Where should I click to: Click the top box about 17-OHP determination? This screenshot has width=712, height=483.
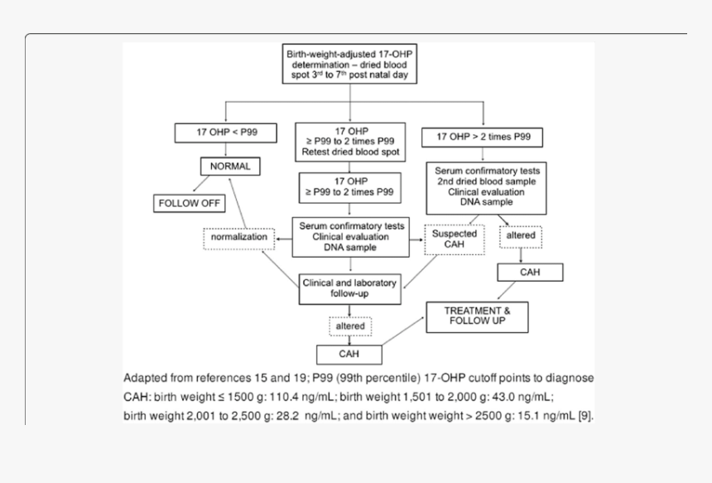pyautogui.click(x=351, y=63)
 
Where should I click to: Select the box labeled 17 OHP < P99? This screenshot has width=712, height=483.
pyautogui.click(x=225, y=133)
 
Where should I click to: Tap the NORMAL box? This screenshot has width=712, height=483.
pyautogui.click(x=230, y=166)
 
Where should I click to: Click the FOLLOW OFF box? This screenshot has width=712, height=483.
pyautogui.click(x=192, y=203)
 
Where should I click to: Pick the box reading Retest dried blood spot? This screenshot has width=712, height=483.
pyautogui.click(x=348, y=142)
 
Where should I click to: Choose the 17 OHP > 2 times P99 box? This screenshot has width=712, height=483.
pyautogui.click(x=482, y=137)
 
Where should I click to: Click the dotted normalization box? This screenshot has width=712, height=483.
pyautogui.click(x=238, y=237)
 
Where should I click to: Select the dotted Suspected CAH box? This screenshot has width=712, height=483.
pyautogui.click(x=455, y=239)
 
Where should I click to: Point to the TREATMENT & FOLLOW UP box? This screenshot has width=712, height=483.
pyautogui.click(x=476, y=315)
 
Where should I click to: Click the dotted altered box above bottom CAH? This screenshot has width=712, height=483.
pyautogui.click(x=350, y=326)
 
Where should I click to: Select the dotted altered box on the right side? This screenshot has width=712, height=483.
pyautogui.click(x=520, y=236)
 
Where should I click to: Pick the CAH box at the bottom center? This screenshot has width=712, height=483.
pyautogui.click(x=349, y=354)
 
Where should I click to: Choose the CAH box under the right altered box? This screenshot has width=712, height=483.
pyautogui.click(x=530, y=272)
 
